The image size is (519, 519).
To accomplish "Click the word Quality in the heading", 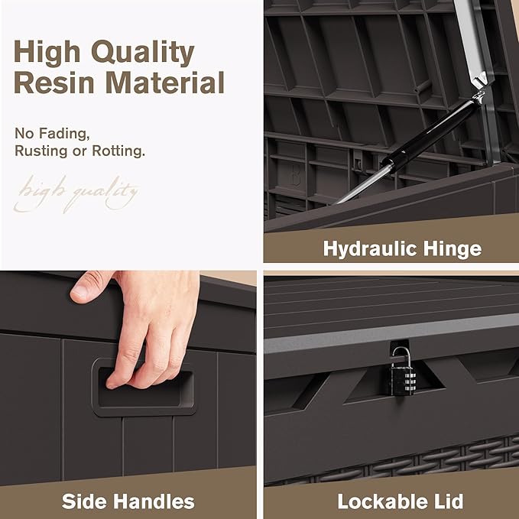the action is (x=143, y=53).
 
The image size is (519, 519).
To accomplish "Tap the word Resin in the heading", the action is (x=54, y=82).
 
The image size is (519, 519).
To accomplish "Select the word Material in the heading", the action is (x=167, y=82).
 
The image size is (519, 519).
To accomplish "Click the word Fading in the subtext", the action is (x=64, y=134).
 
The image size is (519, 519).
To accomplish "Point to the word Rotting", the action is (x=118, y=151).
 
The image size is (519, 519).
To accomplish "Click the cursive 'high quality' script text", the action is (x=76, y=194).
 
